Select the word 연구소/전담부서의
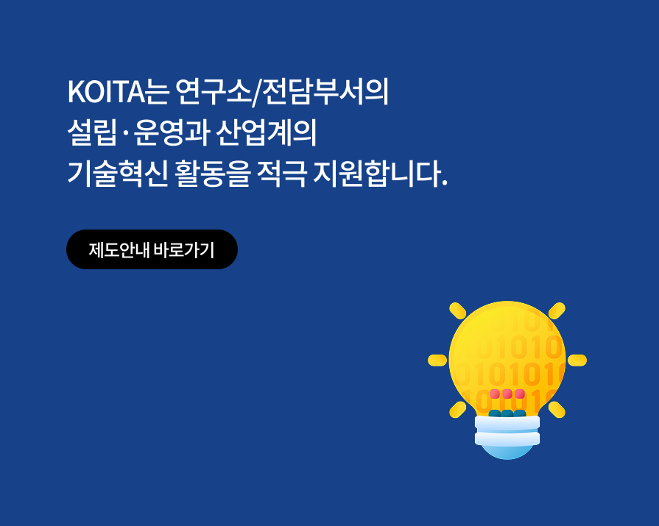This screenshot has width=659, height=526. click(282, 92)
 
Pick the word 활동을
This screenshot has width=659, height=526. click(214, 174)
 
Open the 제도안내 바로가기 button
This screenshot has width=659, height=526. click(152, 249)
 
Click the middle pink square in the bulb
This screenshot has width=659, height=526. click(507, 394)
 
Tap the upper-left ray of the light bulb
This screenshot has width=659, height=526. click(458, 310)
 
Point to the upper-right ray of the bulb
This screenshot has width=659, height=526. click(557, 310)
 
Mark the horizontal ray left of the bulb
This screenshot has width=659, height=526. click(437, 360)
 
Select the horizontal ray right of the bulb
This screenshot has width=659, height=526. click(577, 360)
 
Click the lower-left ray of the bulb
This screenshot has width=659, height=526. click(458, 409)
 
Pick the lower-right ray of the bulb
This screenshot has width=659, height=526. click(557, 409)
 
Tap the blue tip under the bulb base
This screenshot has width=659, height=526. click(507, 450)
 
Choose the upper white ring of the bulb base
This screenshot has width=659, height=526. click(507, 423)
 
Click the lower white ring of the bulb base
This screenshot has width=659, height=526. click(507, 438)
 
